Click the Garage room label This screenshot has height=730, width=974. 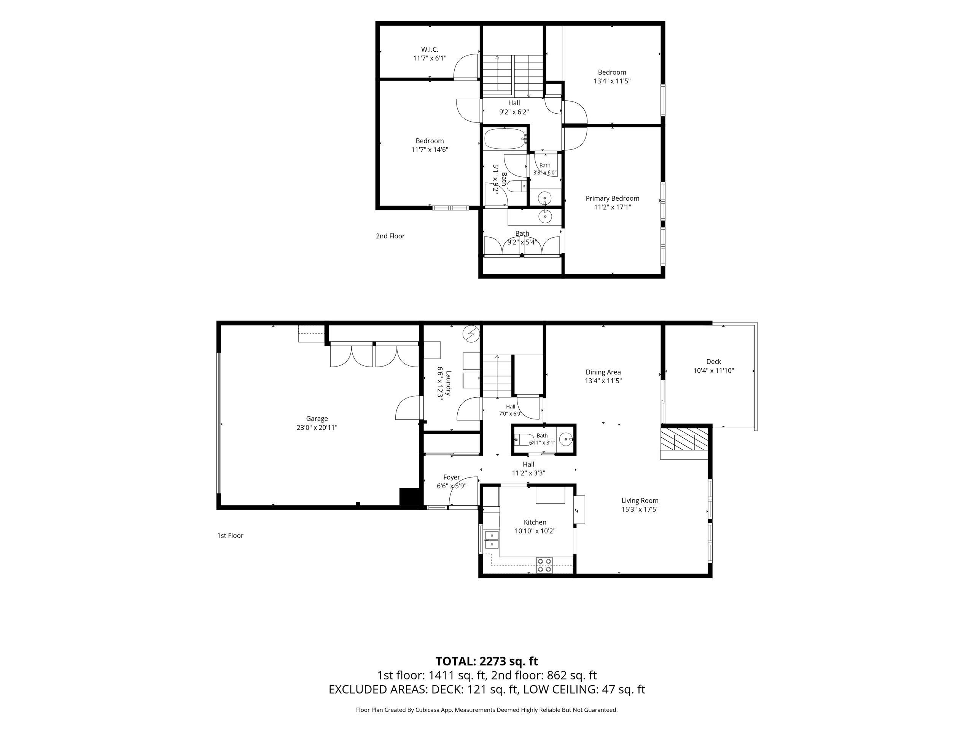pos(317,419)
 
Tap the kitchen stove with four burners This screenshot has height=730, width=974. pos(544,565)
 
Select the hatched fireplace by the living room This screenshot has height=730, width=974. pos(684,441)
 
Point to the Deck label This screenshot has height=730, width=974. pos(713,362)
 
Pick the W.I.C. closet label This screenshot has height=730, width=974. pos(429,49)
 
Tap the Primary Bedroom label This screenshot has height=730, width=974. pos(612,198)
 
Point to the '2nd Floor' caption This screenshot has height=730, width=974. pos(390,236)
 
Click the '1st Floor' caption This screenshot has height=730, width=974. pos(230,535)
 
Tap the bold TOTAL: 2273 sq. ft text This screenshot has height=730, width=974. pos(487,661)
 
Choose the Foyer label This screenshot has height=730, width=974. pos(451,477)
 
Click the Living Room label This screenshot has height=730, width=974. pos(640,500)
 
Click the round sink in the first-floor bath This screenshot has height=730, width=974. pos(566,439)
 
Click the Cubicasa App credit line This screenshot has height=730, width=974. pos(487,710)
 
